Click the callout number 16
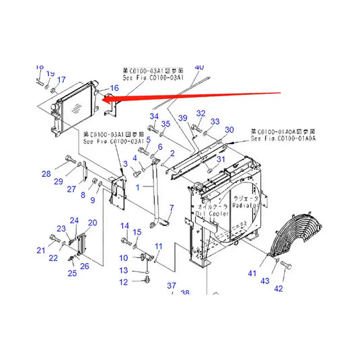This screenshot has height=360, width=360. pyautogui.click(x=114, y=89)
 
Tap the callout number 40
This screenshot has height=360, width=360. pyautogui.click(x=199, y=67)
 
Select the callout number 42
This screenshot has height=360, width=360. pyautogui.click(x=279, y=289)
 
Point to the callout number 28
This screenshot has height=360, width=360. pyautogui.click(x=46, y=174)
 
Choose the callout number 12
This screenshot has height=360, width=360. pyautogui.click(x=124, y=282)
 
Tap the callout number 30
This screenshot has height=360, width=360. pyautogui.click(x=229, y=129)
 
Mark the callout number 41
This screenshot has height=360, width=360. pyautogui.click(x=252, y=273)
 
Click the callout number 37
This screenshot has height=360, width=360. pyautogui.click(x=171, y=287)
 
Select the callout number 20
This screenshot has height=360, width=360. pyautogui.click(x=92, y=223)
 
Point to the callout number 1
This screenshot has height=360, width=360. pyautogui.click(x=139, y=186)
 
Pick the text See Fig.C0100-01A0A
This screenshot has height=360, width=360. pyautogui.click(x=283, y=138)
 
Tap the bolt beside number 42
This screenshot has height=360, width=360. pyautogui.click(x=285, y=268)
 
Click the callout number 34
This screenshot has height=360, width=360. pyautogui.click(x=154, y=117)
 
